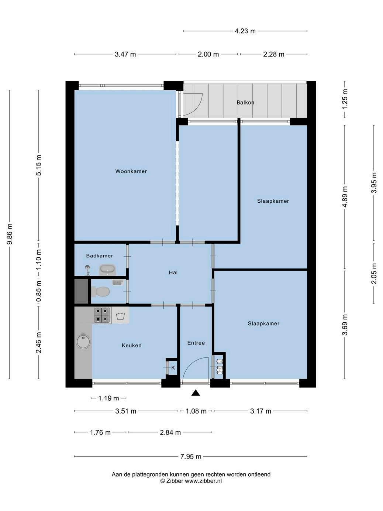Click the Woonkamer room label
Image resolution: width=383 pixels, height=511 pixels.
click(131, 171)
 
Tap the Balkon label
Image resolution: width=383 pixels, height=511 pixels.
click(245, 102)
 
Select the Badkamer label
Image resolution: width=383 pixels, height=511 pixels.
click(99, 255)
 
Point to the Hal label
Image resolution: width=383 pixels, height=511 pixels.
click(173, 272)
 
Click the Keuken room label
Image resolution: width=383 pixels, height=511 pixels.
click(131, 345)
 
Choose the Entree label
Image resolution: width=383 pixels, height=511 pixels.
click(196, 343)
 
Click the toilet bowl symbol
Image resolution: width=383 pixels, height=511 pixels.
click(100, 291)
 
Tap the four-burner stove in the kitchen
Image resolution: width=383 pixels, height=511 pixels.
click(103, 315)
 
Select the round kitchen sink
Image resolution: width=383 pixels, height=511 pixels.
click(83, 341)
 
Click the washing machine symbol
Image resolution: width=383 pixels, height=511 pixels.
click(120, 316)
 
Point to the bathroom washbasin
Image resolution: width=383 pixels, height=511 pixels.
click(107, 270)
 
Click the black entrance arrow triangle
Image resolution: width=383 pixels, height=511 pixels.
click(196, 393)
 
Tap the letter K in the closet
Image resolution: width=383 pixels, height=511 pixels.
click(173, 368)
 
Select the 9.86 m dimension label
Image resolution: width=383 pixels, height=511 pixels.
click(10, 234)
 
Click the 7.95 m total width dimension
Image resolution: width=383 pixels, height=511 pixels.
click(191, 456)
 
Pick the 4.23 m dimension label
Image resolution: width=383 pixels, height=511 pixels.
click(245, 31)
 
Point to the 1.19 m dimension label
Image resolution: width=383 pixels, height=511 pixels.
click(108, 398)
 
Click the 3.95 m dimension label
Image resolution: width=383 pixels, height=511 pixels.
click(374, 183)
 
